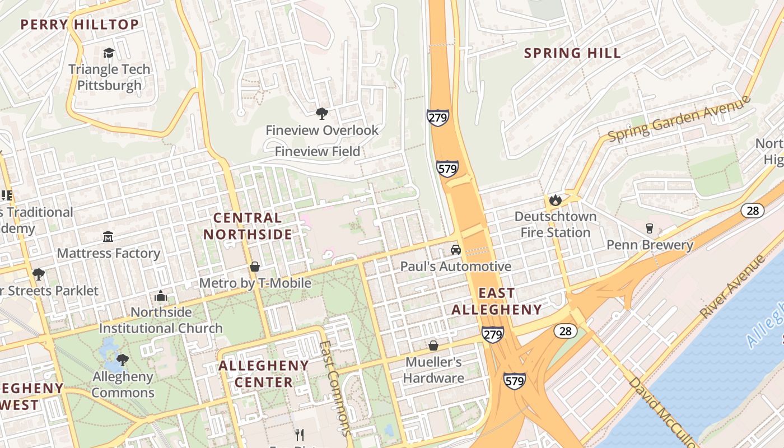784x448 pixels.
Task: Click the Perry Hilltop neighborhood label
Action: coord(80,25)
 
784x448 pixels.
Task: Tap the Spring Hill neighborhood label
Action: coord(572,53)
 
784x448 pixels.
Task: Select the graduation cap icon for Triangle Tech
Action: coord(109,53)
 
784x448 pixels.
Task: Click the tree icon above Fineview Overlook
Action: coord(322,114)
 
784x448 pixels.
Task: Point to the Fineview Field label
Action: coord(317,151)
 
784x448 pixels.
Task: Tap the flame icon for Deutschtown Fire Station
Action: coord(555,200)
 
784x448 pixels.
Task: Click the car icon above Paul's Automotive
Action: coord(456,250)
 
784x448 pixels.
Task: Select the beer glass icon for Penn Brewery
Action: coord(650,228)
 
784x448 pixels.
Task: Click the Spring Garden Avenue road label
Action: coord(679,119)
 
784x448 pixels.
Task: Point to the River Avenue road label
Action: coord(732,287)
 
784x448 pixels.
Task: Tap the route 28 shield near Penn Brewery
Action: coord(752,211)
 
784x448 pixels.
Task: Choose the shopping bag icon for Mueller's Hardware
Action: coord(433,345)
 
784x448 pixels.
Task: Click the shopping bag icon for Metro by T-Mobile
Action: coord(255,267)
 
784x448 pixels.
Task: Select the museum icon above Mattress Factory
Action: coord(108,237)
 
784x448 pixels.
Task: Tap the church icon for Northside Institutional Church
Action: coord(161,296)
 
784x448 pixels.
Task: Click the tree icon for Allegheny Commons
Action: coord(122,360)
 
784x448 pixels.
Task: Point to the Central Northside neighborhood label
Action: coord(248,226)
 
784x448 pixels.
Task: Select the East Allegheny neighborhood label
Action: coord(497,301)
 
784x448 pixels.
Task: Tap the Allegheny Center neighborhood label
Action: coord(263,374)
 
